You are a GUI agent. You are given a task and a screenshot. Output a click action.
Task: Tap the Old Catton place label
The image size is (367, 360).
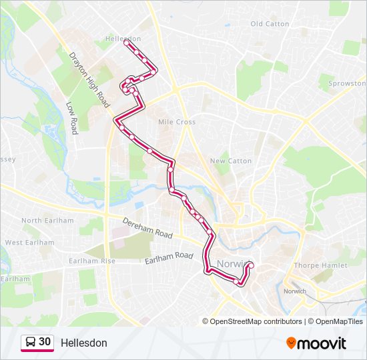[270, 24]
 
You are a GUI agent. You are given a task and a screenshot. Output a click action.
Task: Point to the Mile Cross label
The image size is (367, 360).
[177, 122]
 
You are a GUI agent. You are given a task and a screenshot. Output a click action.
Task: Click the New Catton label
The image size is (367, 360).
[231, 161]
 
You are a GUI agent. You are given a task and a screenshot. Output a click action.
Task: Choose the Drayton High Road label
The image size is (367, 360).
[89, 81]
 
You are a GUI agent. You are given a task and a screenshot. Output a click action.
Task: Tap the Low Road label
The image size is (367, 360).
[73, 117]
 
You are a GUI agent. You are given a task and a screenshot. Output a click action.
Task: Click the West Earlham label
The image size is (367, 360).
[29, 243]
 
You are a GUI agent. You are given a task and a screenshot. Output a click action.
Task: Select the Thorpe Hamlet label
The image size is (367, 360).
[320, 265]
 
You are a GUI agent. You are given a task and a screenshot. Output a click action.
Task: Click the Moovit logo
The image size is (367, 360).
[316, 343]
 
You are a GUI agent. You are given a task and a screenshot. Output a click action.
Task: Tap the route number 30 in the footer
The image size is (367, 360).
[45, 342]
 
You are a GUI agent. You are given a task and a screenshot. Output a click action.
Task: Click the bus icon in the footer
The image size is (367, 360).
[31, 343]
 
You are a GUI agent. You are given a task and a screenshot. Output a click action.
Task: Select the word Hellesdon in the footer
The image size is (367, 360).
[83, 343]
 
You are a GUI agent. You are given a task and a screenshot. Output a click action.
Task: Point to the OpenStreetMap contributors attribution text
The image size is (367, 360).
[256, 321]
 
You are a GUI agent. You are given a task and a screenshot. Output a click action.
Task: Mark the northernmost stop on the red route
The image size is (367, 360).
[125, 41]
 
